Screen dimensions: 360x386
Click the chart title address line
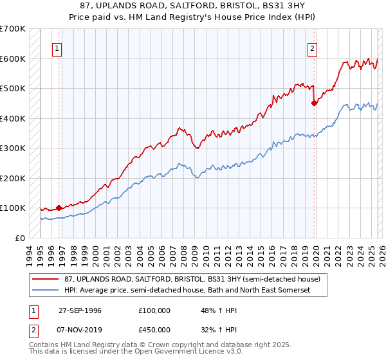point(193,4)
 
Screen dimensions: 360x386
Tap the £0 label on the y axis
point(21,238)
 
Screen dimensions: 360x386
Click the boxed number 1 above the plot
point(58,48)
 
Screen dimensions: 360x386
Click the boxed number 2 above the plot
point(312,48)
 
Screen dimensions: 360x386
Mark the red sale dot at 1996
point(59,208)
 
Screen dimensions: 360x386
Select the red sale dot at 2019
point(314,103)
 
